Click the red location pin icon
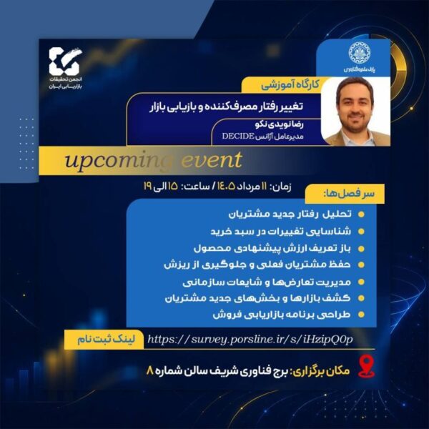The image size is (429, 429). pos(366,368)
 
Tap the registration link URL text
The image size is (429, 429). pos(250,340)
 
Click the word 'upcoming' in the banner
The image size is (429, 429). pos(118,161)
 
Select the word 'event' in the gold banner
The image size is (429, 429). pos(212,159)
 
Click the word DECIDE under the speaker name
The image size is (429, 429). pos(238,136)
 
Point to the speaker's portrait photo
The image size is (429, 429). pos(355,111)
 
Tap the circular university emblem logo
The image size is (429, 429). pos(359,53)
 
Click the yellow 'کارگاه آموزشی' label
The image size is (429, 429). pos(290,85)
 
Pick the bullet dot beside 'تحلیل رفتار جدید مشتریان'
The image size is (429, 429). pos(361,214)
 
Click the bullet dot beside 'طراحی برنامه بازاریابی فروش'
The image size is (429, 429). pos(361,315)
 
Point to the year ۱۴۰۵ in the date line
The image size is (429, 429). pos(226,187)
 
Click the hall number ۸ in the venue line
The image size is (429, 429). pos(149,371)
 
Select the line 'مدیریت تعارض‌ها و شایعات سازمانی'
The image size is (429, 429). pos(267,282)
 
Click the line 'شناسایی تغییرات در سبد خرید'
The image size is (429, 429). pos(281,232)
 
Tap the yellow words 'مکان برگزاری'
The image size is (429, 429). pos(320,371)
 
